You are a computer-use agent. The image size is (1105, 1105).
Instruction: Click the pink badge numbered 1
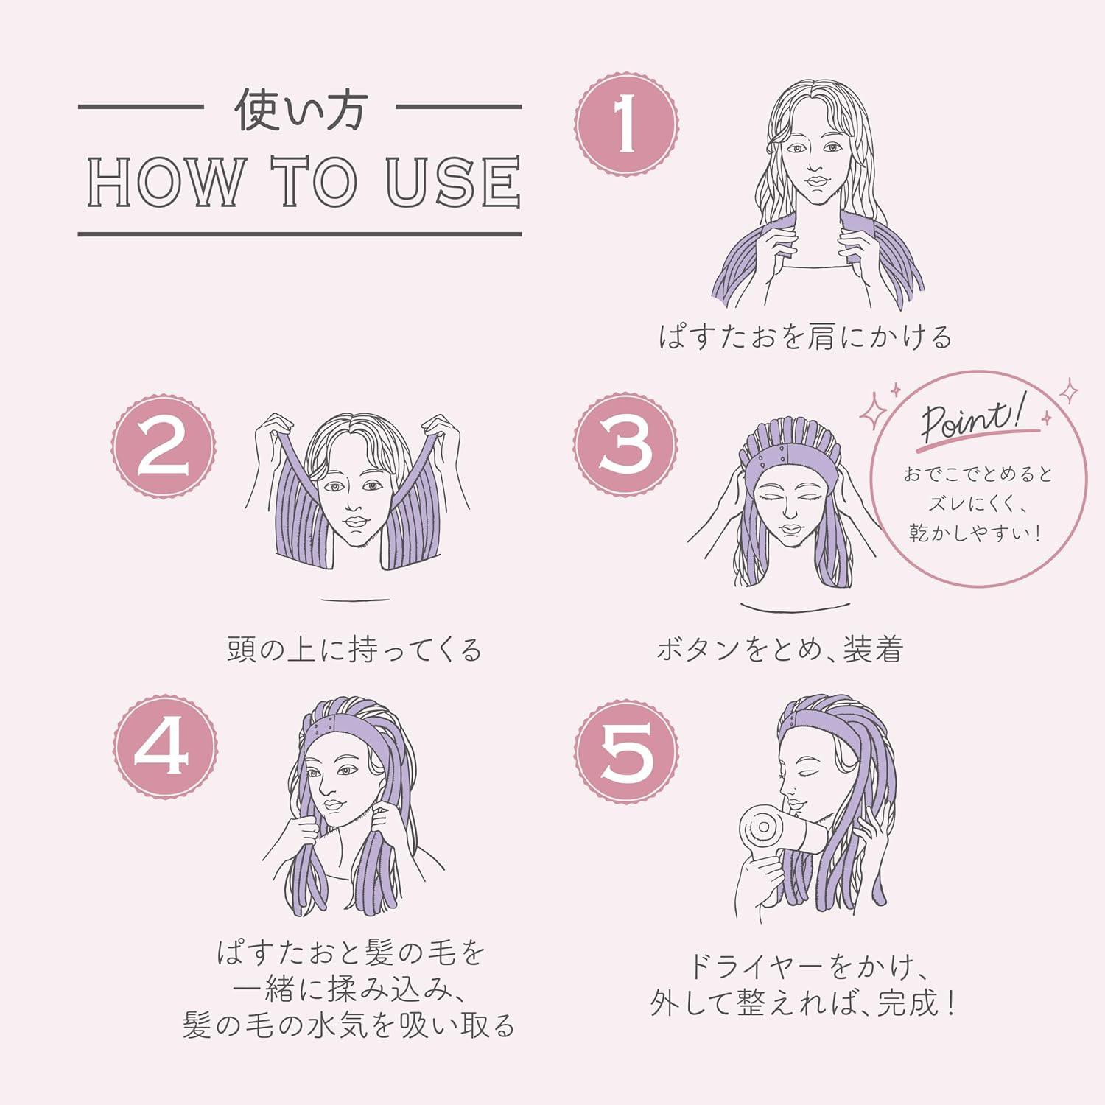626,124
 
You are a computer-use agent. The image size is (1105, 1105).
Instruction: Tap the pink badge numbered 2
164,446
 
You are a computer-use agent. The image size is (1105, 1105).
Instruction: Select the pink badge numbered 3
625,444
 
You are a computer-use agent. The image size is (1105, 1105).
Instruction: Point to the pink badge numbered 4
164,746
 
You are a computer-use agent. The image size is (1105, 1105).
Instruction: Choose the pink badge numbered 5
626,751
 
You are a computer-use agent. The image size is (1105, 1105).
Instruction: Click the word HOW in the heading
165,181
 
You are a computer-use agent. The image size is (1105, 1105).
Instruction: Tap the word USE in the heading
453,181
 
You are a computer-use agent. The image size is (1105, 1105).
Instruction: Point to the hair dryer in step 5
781,830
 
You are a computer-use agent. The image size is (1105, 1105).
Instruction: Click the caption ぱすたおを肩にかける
805,337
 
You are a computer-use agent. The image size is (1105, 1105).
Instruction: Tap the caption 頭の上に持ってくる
354,650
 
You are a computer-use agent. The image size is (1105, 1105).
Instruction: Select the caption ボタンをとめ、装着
780,649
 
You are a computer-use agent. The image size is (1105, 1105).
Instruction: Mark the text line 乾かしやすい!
975,533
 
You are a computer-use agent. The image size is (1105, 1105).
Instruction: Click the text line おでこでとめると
978,474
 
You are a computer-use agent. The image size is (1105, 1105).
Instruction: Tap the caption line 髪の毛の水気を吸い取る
348,1025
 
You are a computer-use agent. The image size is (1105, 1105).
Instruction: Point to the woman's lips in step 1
815,181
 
